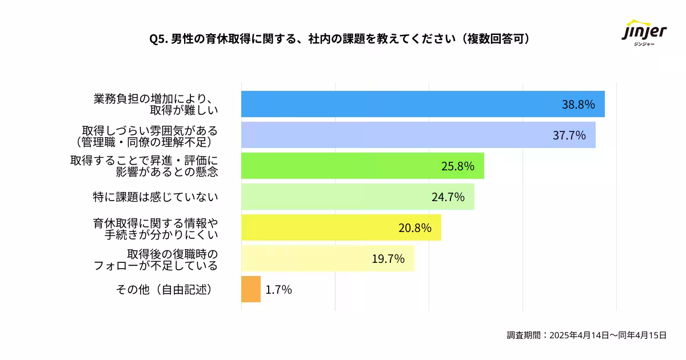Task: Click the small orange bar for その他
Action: (x=251, y=289)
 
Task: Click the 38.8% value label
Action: (x=579, y=105)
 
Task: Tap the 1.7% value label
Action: (x=279, y=290)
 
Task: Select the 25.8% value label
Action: (x=458, y=166)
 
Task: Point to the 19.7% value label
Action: (x=388, y=259)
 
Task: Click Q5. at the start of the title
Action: (x=158, y=39)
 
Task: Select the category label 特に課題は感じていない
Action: (x=155, y=197)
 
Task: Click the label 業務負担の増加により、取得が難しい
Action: (x=155, y=104)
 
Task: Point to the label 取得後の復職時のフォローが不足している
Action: (x=155, y=259)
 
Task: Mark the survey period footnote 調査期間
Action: (x=587, y=335)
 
